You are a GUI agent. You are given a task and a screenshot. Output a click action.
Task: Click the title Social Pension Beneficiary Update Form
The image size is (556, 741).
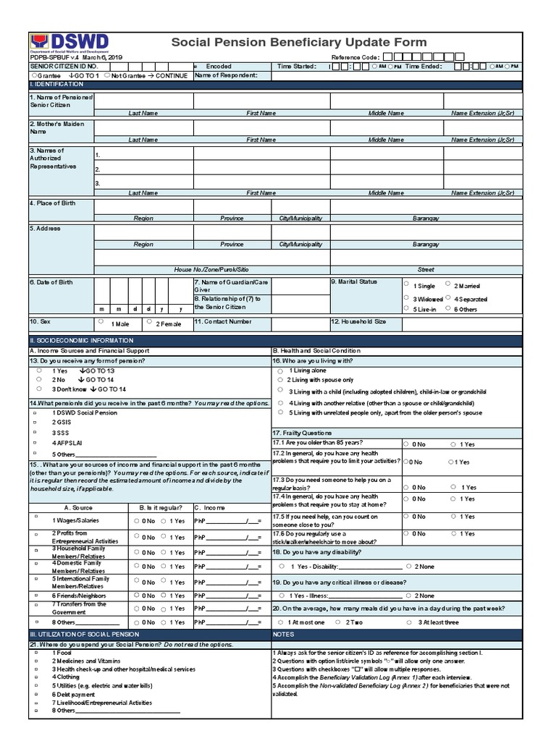298,43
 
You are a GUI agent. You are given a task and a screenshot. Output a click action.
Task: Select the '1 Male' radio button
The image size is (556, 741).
101,322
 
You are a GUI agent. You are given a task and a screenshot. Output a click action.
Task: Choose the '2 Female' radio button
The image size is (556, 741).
148,322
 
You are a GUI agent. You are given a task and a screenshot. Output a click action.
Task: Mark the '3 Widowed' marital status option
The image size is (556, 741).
406,298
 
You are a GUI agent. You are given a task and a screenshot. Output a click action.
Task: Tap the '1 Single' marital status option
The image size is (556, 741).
406,284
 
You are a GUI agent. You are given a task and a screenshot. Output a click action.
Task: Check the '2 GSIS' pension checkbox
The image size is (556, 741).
35,421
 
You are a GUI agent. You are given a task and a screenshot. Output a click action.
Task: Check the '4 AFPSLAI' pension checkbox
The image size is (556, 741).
35,442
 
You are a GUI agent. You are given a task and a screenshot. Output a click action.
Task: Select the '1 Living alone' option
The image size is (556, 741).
280,370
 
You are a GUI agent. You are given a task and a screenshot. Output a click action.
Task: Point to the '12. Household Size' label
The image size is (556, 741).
358,321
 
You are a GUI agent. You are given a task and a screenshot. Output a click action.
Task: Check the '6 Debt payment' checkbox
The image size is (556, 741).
35,693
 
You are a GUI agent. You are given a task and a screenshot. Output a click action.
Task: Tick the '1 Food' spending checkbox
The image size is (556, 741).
35,653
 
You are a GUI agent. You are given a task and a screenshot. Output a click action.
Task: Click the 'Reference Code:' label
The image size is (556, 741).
355,57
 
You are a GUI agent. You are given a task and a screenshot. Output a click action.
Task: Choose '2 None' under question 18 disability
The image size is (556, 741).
409,567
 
